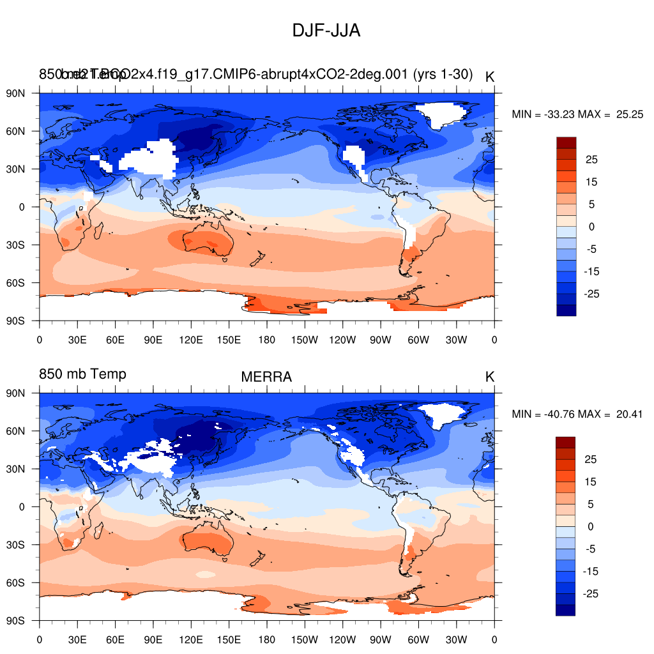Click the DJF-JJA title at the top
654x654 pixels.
(x=326, y=30)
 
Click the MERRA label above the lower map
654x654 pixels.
(x=266, y=377)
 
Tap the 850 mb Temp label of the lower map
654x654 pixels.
(x=82, y=374)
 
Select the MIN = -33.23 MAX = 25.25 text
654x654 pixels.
(x=577, y=114)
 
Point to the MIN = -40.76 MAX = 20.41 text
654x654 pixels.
(x=577, y=414)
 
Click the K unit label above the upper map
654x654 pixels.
(x=490, y=77)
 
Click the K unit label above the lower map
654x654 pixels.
(x=490, y=377)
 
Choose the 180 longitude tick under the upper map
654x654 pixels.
(x=267, y=338)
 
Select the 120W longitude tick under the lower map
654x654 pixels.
(x=342, y=639)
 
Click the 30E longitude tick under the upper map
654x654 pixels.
(x=77, y=338)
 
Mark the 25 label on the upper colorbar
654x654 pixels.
(x=592, y=159)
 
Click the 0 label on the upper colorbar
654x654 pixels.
(x=592, y=227)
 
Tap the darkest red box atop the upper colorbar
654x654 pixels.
(x=566, y=142)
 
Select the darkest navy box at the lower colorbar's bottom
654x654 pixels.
(x=566, y=610)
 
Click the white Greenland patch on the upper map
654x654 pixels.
(x=446, y=114)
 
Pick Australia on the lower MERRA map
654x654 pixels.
(x=207, y=543)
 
